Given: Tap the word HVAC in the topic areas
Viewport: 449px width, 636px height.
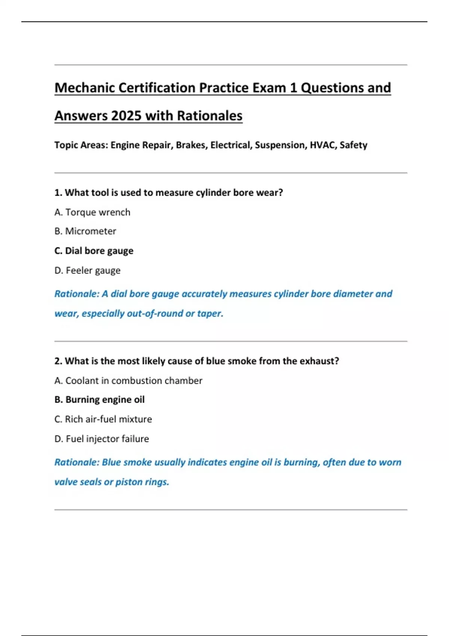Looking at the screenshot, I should coord(322,145).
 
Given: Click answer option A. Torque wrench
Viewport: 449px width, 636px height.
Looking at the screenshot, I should coord(92,212).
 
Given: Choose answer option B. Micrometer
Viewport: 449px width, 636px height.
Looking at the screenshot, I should coord(85,231).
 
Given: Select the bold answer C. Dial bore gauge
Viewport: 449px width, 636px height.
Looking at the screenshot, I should coord(94,251).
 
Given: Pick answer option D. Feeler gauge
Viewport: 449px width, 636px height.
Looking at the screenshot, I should coord(88,270).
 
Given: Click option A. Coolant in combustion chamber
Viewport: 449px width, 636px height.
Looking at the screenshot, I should coord(128,380).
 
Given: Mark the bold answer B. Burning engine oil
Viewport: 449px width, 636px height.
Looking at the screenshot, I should coord(100,400).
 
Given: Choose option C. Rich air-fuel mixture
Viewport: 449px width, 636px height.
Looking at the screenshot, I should coord(103,419).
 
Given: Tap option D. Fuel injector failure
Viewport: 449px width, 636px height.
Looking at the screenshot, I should coord(102,438).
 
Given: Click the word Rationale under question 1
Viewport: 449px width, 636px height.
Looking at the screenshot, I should coord(76,294).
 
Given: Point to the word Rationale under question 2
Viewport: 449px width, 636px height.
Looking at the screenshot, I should coord(76,462).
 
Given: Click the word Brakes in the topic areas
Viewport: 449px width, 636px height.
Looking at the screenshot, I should coord(191,145).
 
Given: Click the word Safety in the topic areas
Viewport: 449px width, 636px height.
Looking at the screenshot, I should coord(353,145).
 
